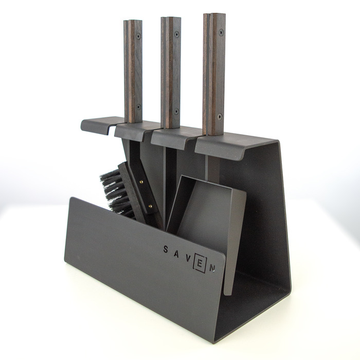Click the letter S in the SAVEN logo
[165, 249]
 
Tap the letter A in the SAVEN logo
[176, 254]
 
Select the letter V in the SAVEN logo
[188, 259]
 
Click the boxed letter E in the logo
[200, 264]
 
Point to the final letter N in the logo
[212, 268]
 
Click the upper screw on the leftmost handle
[138, 37]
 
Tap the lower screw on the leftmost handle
[138, 107]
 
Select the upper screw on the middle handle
[176, 34]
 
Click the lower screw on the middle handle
[176, 111]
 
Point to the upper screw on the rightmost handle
[221, 32]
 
